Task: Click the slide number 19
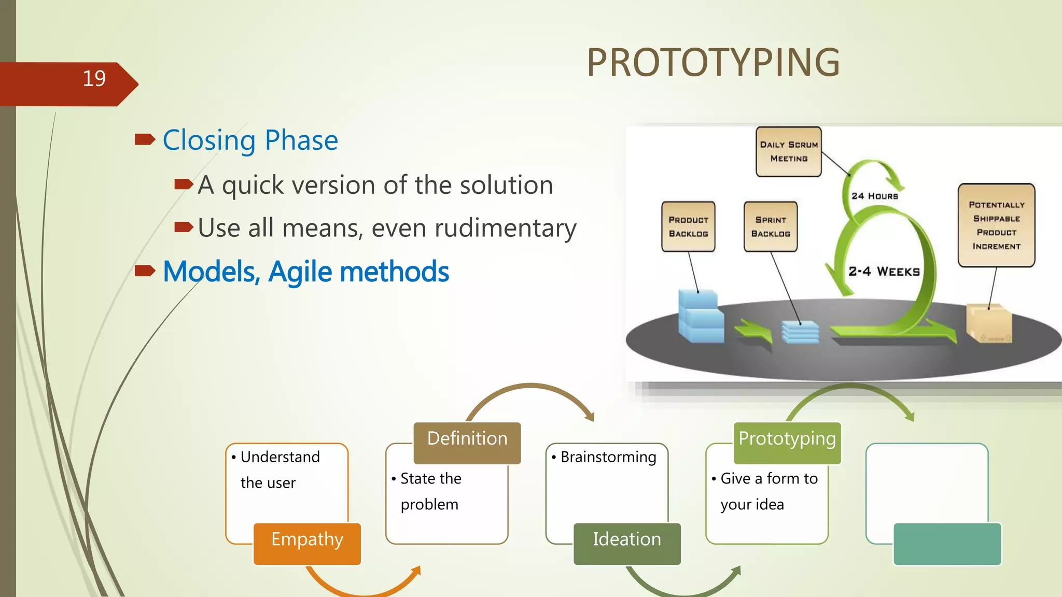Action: tap(94, 79)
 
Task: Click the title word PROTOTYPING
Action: tap(712, 63)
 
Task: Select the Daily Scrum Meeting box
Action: tap(788, 152)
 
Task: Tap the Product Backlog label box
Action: tap(688, 226)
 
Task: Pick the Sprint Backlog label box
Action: tap(770, 226)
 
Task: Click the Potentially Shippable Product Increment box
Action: tap(996, 225)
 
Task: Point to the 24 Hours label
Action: tap(874, 196)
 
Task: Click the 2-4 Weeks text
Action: tap(884, 272)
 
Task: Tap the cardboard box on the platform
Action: tap(988, 324)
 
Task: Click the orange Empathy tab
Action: tap(307, 543)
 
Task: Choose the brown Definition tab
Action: tap(467, 443)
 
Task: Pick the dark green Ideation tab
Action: tap(626, 543)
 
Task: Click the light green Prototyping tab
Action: tap(787, 443)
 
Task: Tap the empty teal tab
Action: tap(947, 543)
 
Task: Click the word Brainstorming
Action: tap(608, 457)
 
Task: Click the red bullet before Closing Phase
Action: tap(145, 139)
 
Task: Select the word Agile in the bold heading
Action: tap(300, 272)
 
